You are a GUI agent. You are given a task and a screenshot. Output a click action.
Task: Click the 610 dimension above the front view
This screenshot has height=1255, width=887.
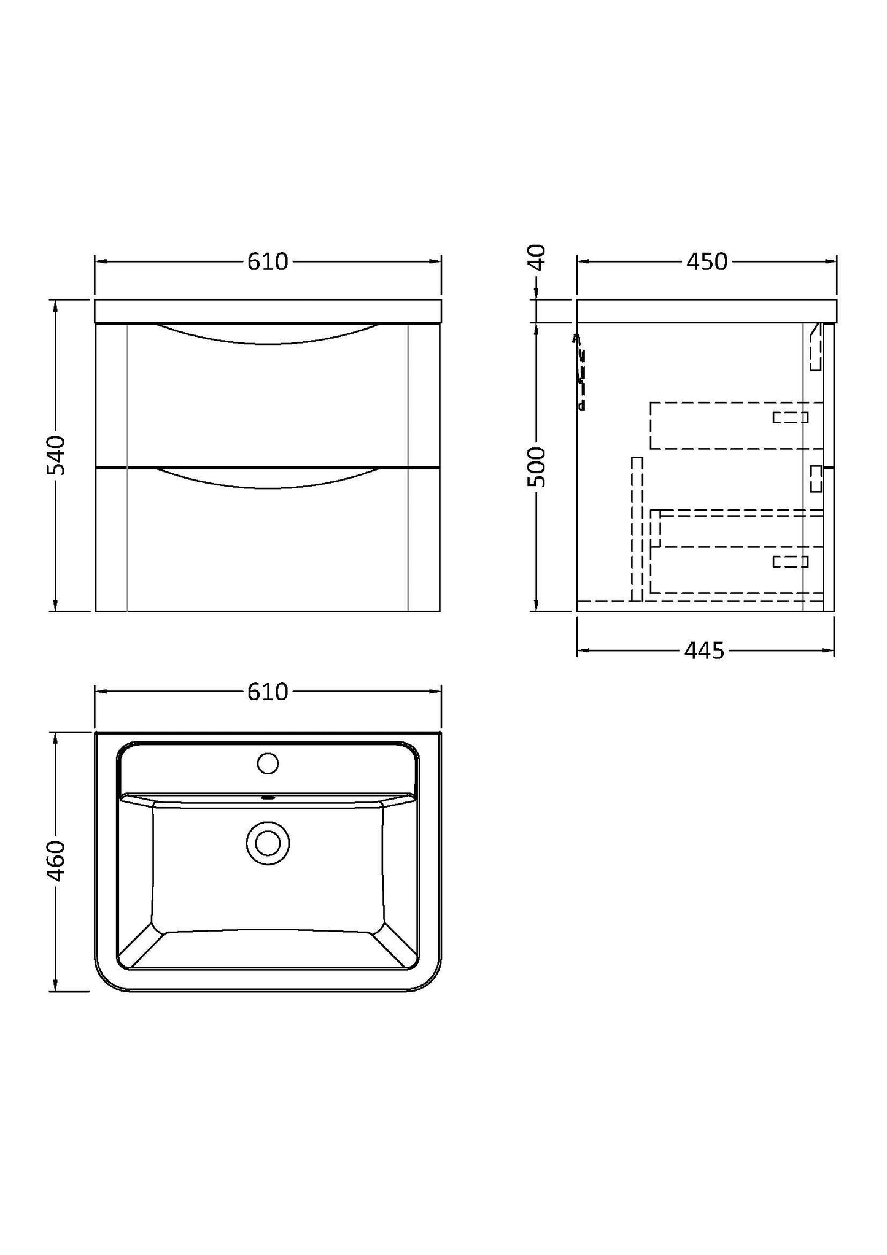(268, 262)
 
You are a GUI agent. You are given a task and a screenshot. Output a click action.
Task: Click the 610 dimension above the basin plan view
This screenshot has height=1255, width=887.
(268, 692)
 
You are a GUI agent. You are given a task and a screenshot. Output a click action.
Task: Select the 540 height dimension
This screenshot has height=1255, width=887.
(56, 455)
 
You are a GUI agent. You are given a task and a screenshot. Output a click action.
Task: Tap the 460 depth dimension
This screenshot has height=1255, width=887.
(56, 861)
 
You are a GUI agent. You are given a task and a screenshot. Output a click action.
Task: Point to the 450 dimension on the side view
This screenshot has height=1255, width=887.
(707, 262)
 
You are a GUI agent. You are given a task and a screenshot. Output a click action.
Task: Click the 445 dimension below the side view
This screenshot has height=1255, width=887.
(704, 651)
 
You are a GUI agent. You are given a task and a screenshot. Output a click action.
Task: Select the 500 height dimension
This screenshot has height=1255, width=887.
(536, 466)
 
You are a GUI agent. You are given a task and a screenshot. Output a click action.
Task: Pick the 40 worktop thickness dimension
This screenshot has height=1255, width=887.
(536, 257)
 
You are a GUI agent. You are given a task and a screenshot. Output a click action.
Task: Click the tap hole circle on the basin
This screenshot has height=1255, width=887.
(268, 763)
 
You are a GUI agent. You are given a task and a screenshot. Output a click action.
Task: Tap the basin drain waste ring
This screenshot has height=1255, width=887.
(268, 843)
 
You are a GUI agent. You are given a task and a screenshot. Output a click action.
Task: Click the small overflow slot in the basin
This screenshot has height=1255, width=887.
(268, 798)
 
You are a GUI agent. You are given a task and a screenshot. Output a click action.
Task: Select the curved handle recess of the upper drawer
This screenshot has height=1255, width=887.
(268, 335)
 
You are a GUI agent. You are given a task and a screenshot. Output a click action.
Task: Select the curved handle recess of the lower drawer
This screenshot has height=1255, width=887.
(268, 479)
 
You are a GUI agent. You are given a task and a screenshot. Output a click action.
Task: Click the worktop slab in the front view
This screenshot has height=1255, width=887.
(268, 311)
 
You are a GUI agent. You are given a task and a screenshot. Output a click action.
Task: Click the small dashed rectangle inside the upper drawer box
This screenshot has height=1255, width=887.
(790, 417)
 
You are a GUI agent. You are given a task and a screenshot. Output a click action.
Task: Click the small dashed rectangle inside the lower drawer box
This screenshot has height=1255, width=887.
(790, 561)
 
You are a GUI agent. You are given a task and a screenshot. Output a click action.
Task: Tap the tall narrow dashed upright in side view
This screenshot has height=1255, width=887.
(637, 528)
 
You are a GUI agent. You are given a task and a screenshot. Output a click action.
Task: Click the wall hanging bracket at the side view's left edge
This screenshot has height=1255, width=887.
(580, 372)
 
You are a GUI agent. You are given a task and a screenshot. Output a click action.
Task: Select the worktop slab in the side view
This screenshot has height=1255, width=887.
(706, 311)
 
